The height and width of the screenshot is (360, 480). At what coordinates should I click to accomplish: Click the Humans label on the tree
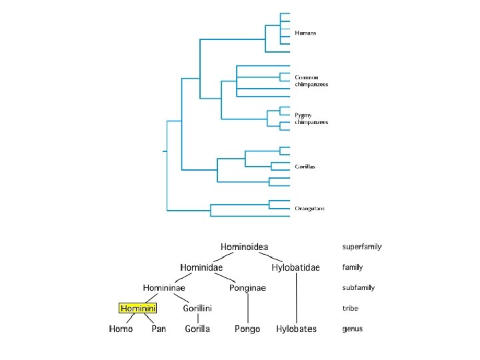(305, 33)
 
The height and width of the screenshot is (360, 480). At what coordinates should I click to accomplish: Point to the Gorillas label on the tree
(305, 166)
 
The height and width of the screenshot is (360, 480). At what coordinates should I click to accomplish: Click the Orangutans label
(310, 209)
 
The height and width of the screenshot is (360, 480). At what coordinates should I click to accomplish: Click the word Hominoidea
(245, 247)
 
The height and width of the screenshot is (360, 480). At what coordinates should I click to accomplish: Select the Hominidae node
(201, 267)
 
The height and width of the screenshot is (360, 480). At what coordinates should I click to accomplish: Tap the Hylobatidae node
(295, 268)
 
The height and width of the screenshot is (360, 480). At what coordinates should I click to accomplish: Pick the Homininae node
(163, 288)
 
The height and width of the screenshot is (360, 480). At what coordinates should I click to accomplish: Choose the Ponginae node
(247, 288)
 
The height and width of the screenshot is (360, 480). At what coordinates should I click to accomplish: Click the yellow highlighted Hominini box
(137, 309)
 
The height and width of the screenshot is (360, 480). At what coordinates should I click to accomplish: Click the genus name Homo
(121, 329)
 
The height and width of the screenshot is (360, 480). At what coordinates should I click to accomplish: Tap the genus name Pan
(159, 329)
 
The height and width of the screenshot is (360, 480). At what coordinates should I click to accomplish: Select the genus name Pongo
(247, 329)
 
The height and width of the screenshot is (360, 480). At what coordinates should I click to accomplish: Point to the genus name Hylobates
(296, 329)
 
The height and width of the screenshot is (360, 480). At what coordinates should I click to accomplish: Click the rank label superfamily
(361, 247)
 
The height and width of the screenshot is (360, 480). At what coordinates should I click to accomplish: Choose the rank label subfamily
(358, 288)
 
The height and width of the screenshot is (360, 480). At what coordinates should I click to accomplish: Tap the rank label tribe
(350, 309)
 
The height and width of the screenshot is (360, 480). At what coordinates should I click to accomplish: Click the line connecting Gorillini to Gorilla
(197, 319)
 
